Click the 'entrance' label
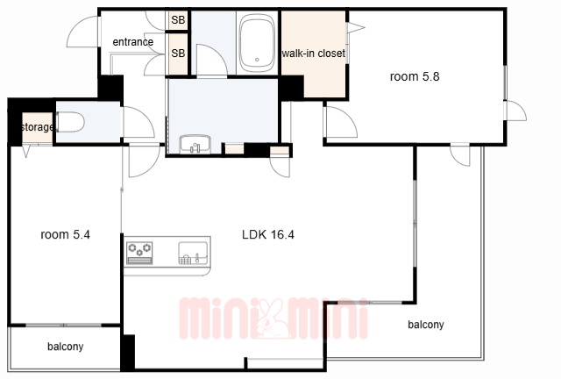tap(132, 42)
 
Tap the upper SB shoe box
tap(178, 20)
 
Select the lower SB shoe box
tap(178, 54)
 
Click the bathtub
tap(257, 43)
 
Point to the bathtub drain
tap(257, 60)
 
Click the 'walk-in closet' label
tap(314, 54)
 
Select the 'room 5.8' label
tap(415, 76)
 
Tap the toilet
tap(70, 122)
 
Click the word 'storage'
tap(37, 127)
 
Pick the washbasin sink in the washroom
tap(195, 145)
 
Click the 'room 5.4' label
tap(65, 234)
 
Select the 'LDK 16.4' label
tap(268, 234)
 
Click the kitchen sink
tap(193, 253)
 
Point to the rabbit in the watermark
tap(271, 318)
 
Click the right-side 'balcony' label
tap(426, 325)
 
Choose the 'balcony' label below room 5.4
tap(66, 347)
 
